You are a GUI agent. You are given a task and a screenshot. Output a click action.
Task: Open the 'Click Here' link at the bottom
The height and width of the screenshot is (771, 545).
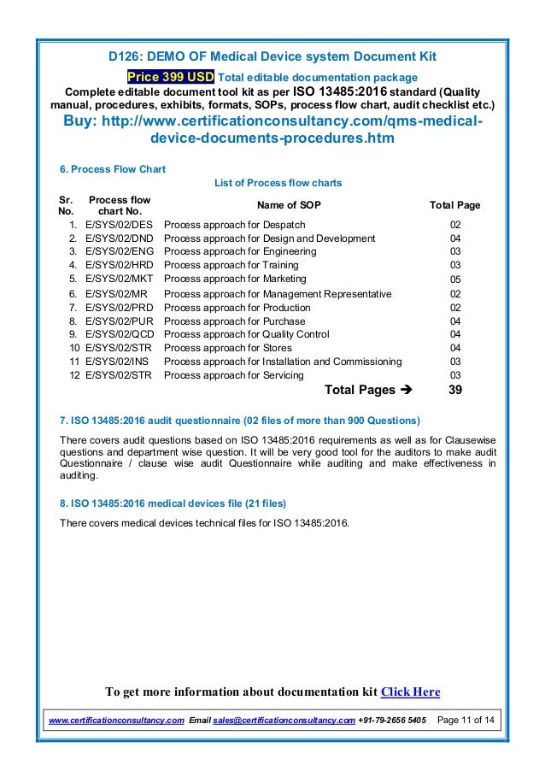pyautogui.click(x=410, y=692)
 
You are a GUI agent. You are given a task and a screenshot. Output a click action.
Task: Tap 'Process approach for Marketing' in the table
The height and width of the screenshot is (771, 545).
pyautogui.click(x=235, y=279)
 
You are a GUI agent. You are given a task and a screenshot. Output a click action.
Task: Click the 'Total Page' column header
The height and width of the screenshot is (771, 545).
pyautogui.click(x=454, y=205)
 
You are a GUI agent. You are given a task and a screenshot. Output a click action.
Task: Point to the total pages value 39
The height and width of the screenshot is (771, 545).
pyautogui.click(x=456, y=390)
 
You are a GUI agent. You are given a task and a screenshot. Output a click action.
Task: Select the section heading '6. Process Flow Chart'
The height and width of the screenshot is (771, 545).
pyautogui.click(x=111, y=169)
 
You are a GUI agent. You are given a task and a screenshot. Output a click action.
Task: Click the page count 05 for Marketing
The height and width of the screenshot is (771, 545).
pyautogui.click(x=455, y=279)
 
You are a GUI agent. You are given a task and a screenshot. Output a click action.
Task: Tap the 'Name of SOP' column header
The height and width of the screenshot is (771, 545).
pyautogui.click(x=289, y=205)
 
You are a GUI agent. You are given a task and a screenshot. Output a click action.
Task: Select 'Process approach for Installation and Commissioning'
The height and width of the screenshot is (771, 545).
pyautogui.click(x=283, y=362)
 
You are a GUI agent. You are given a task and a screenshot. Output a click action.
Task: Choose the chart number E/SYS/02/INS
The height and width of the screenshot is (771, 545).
pyautogui.click(x=119, y=362)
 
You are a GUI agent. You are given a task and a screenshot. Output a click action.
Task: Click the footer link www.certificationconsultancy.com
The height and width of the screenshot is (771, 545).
pyautogui.click(x=115, y=721)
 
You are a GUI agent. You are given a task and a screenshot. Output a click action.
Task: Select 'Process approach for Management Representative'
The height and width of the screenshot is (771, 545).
pyautogui.click(x=278, y=293)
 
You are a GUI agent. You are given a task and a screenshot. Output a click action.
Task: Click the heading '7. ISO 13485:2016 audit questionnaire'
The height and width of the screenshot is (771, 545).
pyautogui.click(x=238, y=421)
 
